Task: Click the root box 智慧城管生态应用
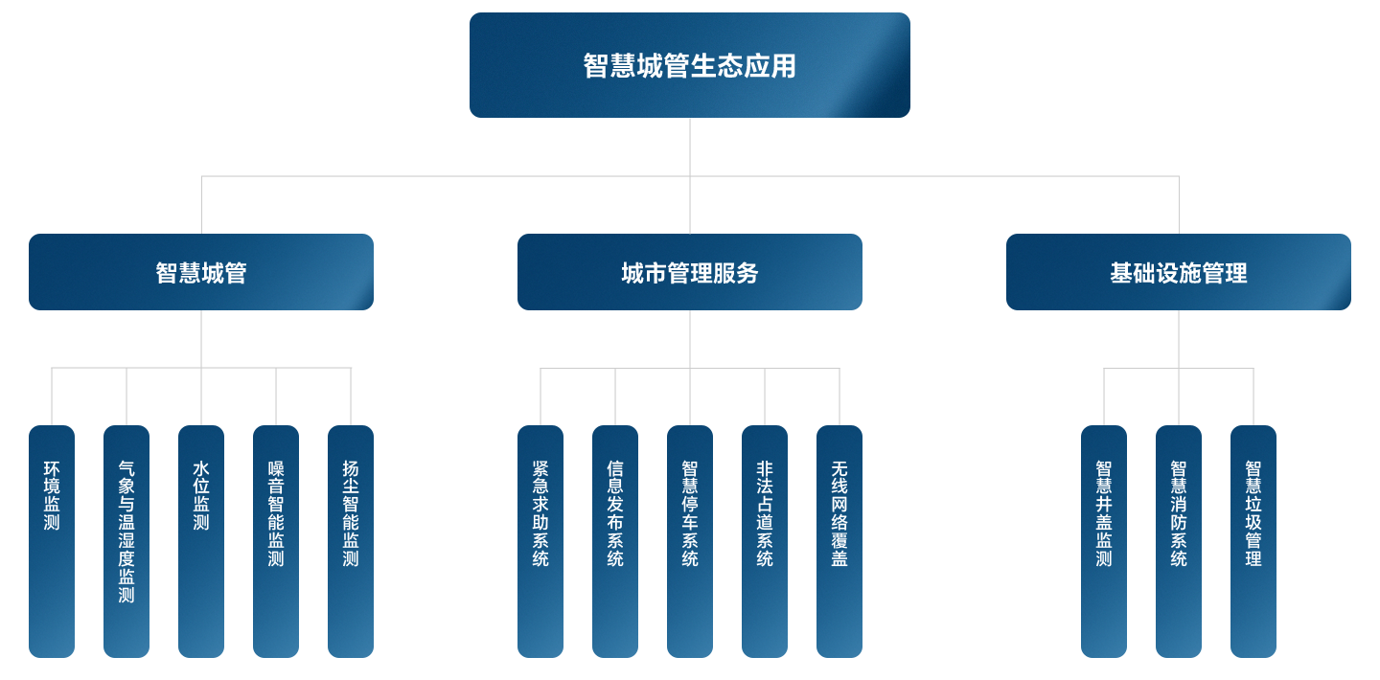689,65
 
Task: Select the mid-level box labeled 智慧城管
201,272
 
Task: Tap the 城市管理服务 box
690,272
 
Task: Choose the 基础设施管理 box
1179,272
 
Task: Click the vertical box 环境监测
52,541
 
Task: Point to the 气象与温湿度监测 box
126,541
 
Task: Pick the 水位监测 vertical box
201,541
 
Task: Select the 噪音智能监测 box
276,541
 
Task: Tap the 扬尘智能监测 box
351,541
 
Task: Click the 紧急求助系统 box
540,541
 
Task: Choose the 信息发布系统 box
615,541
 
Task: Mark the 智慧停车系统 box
690,541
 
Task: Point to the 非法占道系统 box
765,541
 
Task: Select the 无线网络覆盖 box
839,541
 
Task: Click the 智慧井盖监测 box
1104,541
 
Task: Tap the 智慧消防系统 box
1179,541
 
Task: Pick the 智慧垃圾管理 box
1253,541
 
